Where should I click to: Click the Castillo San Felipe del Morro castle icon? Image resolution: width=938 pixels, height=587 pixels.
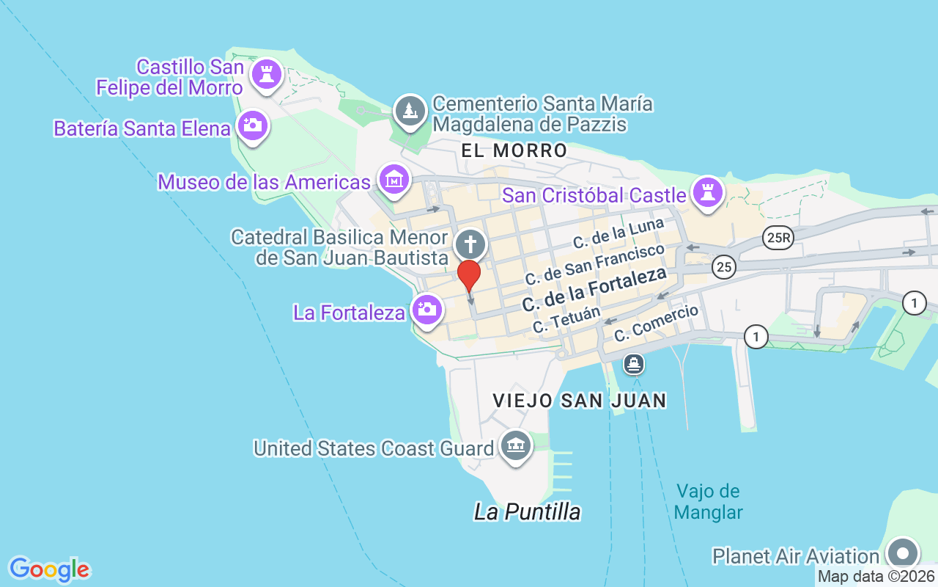pos(266,73)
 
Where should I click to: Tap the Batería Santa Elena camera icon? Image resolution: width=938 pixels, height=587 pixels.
pos(254,125)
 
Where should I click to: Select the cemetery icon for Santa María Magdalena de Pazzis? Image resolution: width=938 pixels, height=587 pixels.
pos(410,111)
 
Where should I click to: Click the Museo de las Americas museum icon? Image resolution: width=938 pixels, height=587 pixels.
pos(394,178)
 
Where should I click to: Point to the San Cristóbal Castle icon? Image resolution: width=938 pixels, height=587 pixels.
pos(708,193)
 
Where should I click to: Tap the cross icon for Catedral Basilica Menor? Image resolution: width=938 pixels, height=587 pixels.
pos(470,244)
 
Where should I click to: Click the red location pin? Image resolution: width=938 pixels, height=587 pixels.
pos(469,276)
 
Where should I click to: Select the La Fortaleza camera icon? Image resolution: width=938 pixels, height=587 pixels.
pos(427,309)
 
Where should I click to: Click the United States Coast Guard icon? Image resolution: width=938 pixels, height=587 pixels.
pos(515,445)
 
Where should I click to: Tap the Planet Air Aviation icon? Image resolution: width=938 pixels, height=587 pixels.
pos(903,553)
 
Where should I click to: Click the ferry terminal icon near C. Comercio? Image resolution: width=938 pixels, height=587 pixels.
pos(634,362)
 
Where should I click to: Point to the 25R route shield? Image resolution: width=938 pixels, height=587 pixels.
pos(778,238)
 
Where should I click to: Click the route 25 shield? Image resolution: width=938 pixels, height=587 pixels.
pos(724,267)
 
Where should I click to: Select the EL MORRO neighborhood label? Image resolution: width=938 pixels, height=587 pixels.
pos(514,151)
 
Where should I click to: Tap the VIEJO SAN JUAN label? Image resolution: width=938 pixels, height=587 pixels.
pos(580,401)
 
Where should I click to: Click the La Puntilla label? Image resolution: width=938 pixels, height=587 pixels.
pos(528,511)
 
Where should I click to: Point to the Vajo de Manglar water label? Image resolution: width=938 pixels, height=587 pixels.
pos(708,501)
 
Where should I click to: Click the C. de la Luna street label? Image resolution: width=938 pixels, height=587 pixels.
pos(618,233)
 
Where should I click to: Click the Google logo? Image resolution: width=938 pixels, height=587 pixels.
pos(49,569)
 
